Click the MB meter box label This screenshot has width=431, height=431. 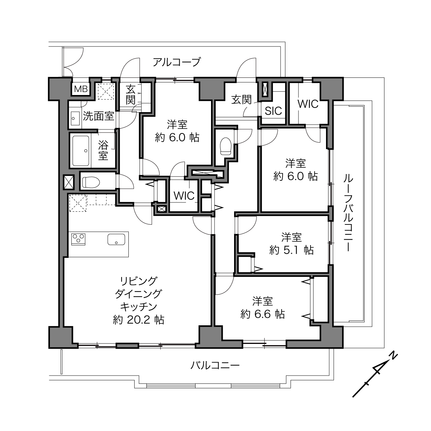pyautogui.click(x=81, y=89)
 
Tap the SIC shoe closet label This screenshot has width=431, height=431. pyautogui.click(x=273, y=111)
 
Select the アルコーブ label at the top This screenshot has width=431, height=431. pyautogui.click(x=177, y=62)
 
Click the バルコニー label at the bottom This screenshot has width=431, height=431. pyautogui.click(x=215, y=366)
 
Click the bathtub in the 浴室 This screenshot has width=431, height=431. pyautogui.click(x=81, y=151)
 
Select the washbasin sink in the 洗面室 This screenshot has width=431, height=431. pyautogui.click(x=75, y=118)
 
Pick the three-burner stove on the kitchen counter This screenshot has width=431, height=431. pyautogui.click(x=78, y=239)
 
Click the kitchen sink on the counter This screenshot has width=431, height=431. pyautogui.click(x=116, y=240)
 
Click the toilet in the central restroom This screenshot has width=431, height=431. pyautogui.click(x=225, y=146)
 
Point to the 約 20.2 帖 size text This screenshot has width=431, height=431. pyautogui.click(x=139, y=320)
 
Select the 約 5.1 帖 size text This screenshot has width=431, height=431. pyautogui.click(x=292, y=250)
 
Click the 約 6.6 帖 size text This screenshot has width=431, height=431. pyautogui.click(x=263, y=314)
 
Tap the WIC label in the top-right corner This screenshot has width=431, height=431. pyautogui.click(x=308, y=104)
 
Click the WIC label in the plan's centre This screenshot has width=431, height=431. pyautogui.click(x=184, y=196)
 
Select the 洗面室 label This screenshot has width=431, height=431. pyautogui.click(x=99, y=116)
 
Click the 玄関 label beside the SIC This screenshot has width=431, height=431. pyautogui.click(x=241, y=99)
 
